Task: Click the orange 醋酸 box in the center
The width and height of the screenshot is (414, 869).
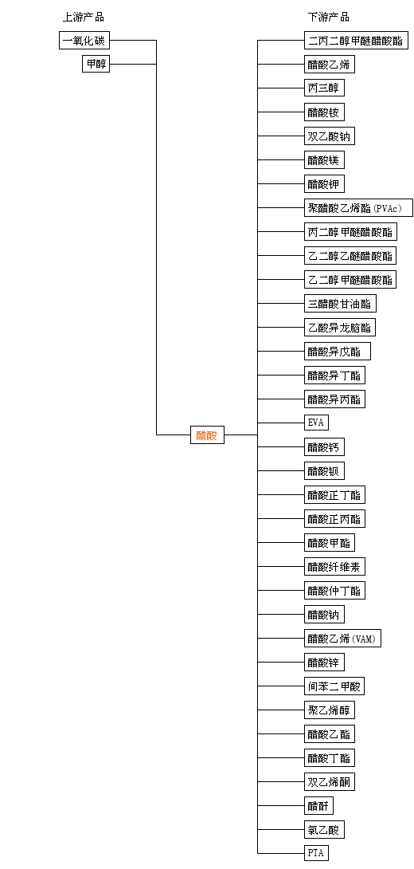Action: coord(207,435)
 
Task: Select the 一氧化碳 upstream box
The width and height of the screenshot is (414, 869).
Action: coord(84,41)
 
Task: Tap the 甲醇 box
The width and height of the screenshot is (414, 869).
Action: coord(96,65)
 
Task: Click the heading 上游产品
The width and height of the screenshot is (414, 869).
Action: coord(83,18)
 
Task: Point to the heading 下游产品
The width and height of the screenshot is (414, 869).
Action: coord(328,18)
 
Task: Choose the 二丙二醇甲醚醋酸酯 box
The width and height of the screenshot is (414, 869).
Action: coord(356,41)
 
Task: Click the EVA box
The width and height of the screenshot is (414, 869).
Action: coord(316,423)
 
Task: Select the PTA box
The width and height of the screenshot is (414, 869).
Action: coord(316,853)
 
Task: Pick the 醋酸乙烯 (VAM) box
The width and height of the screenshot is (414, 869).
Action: coord(342,638)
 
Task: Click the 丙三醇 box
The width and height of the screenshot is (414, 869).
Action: coord(324,88)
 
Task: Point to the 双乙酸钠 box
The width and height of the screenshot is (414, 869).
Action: coord(330,136)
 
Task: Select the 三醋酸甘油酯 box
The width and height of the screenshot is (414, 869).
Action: coord(341,303)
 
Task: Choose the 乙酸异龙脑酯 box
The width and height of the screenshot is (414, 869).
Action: coord(340,327)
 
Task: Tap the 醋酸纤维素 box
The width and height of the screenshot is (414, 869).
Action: coord(335,566)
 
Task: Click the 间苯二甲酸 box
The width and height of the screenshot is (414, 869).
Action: coord(334,686)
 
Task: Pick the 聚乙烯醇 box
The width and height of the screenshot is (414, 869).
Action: coord(330,710)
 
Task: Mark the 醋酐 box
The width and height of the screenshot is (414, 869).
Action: coord(318,805)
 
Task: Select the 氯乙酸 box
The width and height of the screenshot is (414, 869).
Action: coord(324,829)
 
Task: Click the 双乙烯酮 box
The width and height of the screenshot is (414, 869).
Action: coord(330,781)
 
